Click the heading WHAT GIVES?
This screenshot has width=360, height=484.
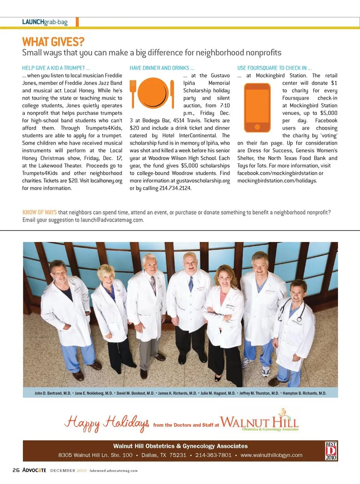53,42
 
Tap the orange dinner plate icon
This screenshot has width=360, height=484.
153,93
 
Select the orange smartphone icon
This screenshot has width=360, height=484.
257,108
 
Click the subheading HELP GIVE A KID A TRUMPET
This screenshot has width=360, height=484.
56,68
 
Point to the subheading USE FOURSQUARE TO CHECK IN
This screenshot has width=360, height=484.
274,68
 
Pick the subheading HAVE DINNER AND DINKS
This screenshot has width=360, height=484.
162,68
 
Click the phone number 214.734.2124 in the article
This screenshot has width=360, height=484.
175,188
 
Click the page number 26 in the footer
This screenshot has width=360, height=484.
16,470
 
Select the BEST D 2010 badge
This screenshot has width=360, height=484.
331,451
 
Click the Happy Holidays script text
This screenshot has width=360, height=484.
107,423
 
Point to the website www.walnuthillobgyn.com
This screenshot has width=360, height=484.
271,455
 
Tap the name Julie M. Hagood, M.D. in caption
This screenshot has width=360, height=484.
218,393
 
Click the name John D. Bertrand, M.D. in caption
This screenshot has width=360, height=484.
53,393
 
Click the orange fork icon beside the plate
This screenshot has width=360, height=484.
133,93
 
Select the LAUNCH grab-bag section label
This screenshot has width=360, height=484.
45,22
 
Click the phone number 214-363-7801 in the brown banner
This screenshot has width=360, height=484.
213,455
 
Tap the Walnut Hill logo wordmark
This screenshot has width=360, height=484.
259,422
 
